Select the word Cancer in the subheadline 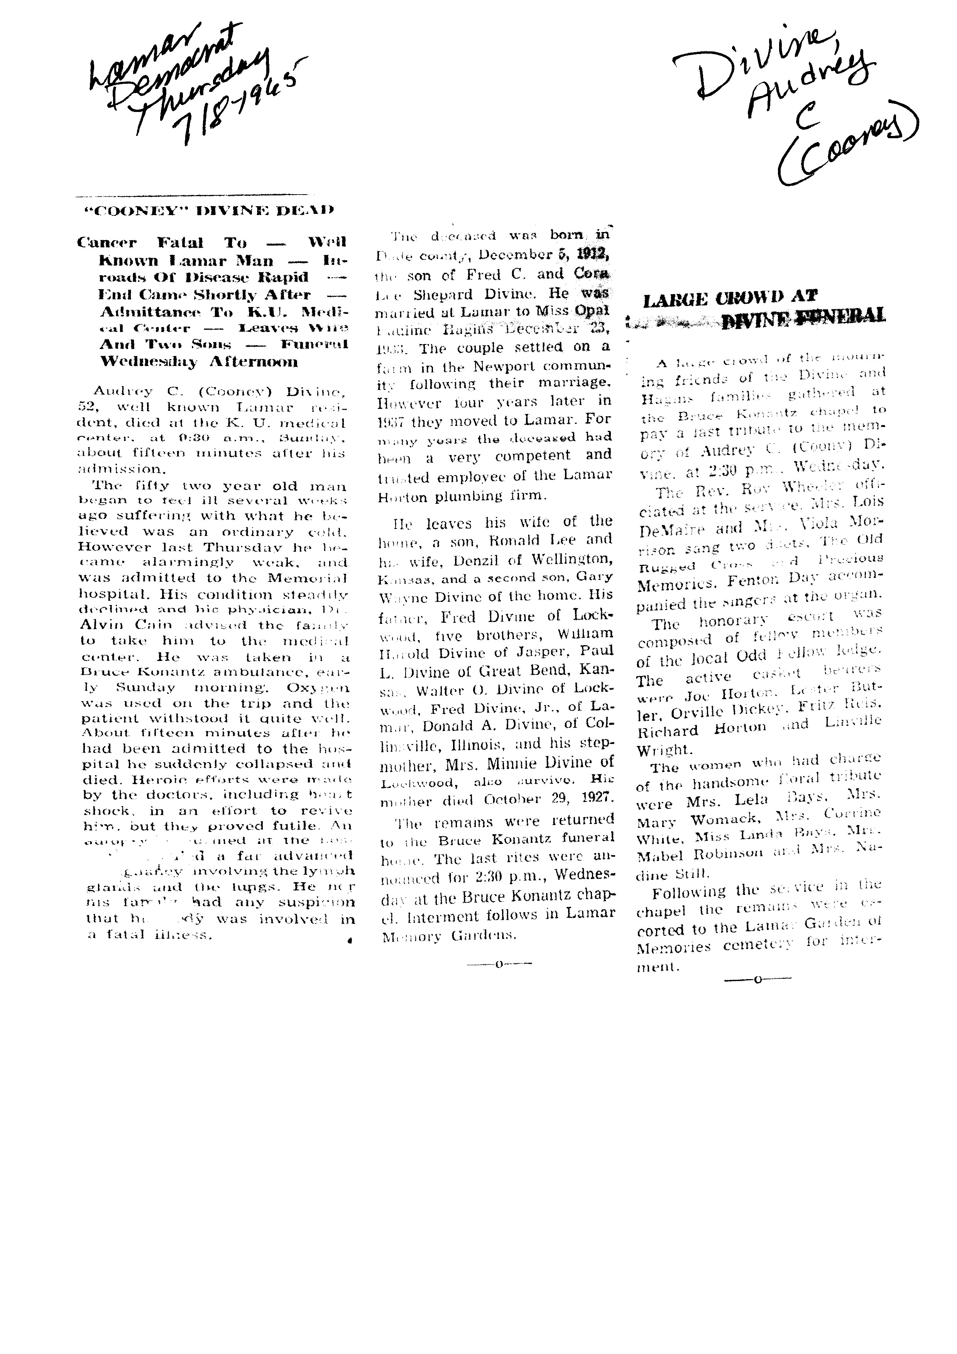107,242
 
